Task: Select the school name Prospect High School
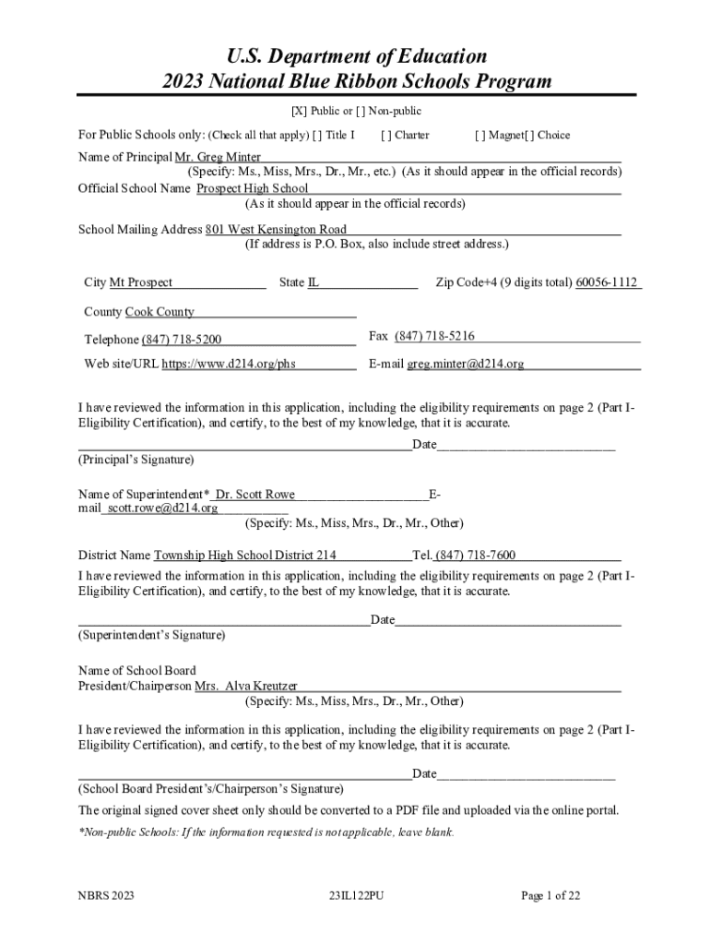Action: [x=253, y=188]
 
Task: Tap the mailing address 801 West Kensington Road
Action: [x=276, y=229]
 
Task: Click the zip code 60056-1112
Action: [x=607, y=282]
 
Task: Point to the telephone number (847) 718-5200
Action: [x=182, y=341]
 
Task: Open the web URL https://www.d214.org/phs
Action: [x=235, y=364]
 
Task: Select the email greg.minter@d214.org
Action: [x=466, y=364]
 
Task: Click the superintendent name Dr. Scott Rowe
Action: [x=255, y=495]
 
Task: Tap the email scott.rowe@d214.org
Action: [x=163, y=508]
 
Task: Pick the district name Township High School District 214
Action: [x=244, y=556]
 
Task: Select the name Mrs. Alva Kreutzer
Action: [x=246, y=687]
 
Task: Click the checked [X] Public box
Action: [x=299, y=112]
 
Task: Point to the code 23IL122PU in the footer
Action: [x=355, y=895]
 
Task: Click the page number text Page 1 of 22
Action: [x=550, y=895]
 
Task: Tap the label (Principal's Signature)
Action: [x=136, y=459]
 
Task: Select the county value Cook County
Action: [x=160, y=312]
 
